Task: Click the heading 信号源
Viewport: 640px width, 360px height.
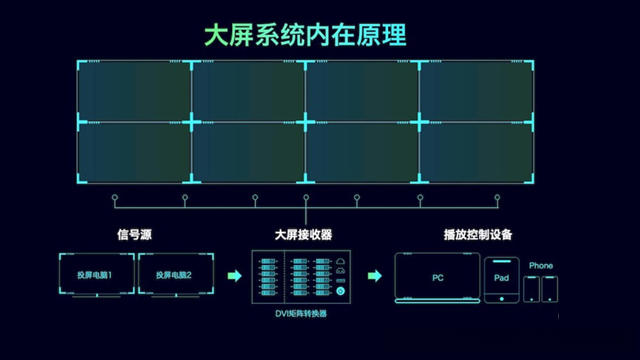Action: click(x=133, y=235)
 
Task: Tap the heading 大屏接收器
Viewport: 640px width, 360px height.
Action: click(x=303, y=235)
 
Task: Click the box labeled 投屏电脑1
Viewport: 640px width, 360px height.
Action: click(x=95, y=274)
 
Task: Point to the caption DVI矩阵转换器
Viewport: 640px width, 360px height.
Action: click(x=301, y=314)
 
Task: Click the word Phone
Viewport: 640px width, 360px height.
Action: click(x=541, y=265)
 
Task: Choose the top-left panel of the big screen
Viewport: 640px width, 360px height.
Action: click(x=134, y=93)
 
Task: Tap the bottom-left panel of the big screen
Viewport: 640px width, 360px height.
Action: click(x=134, y=153)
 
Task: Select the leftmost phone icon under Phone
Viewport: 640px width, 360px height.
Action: click(x=532, y=289)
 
